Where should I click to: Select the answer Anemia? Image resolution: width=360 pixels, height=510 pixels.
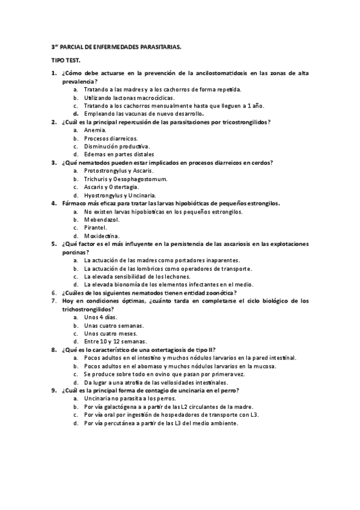(96, 130)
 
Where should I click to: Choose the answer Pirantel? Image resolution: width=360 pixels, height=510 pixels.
(96, 228)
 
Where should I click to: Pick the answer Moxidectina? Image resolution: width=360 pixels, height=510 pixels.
(102, 236)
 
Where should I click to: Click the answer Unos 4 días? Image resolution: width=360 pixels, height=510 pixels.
(100, 317)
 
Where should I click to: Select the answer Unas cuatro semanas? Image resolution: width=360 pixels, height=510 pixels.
(109, 325)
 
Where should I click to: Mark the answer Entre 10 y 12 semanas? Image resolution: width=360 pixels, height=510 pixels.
(114, 341)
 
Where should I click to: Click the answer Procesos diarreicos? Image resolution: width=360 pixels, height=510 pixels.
(111, 138)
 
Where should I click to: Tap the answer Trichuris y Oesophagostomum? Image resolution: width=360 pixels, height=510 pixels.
(126, 179)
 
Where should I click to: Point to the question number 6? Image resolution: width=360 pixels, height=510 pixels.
(54, 292)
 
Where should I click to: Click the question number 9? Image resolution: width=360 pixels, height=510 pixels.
(54, 390)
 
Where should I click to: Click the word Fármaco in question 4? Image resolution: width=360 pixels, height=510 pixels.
(74, 203)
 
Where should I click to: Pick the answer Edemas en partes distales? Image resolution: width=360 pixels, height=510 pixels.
(118, 155)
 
